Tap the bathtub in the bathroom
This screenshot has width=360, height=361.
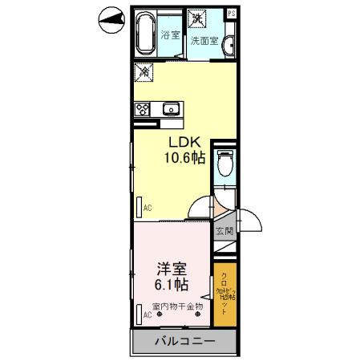click(x=145, y=33)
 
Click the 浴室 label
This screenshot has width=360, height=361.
click(x=169, y=34)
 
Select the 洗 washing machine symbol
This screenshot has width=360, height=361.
click(x=196, y=17)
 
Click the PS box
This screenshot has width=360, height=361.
click(x=231, y=14)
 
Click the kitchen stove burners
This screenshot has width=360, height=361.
click(x=143, y=110)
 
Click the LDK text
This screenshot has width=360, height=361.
click(x=184, y=141)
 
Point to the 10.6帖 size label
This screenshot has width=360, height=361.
click(x=185, y=158)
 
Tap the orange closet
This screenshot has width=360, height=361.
click(x=224, y=293)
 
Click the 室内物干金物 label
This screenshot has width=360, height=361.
click(x=176, y=306)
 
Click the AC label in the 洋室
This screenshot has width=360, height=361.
click(x=148, y=316)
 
